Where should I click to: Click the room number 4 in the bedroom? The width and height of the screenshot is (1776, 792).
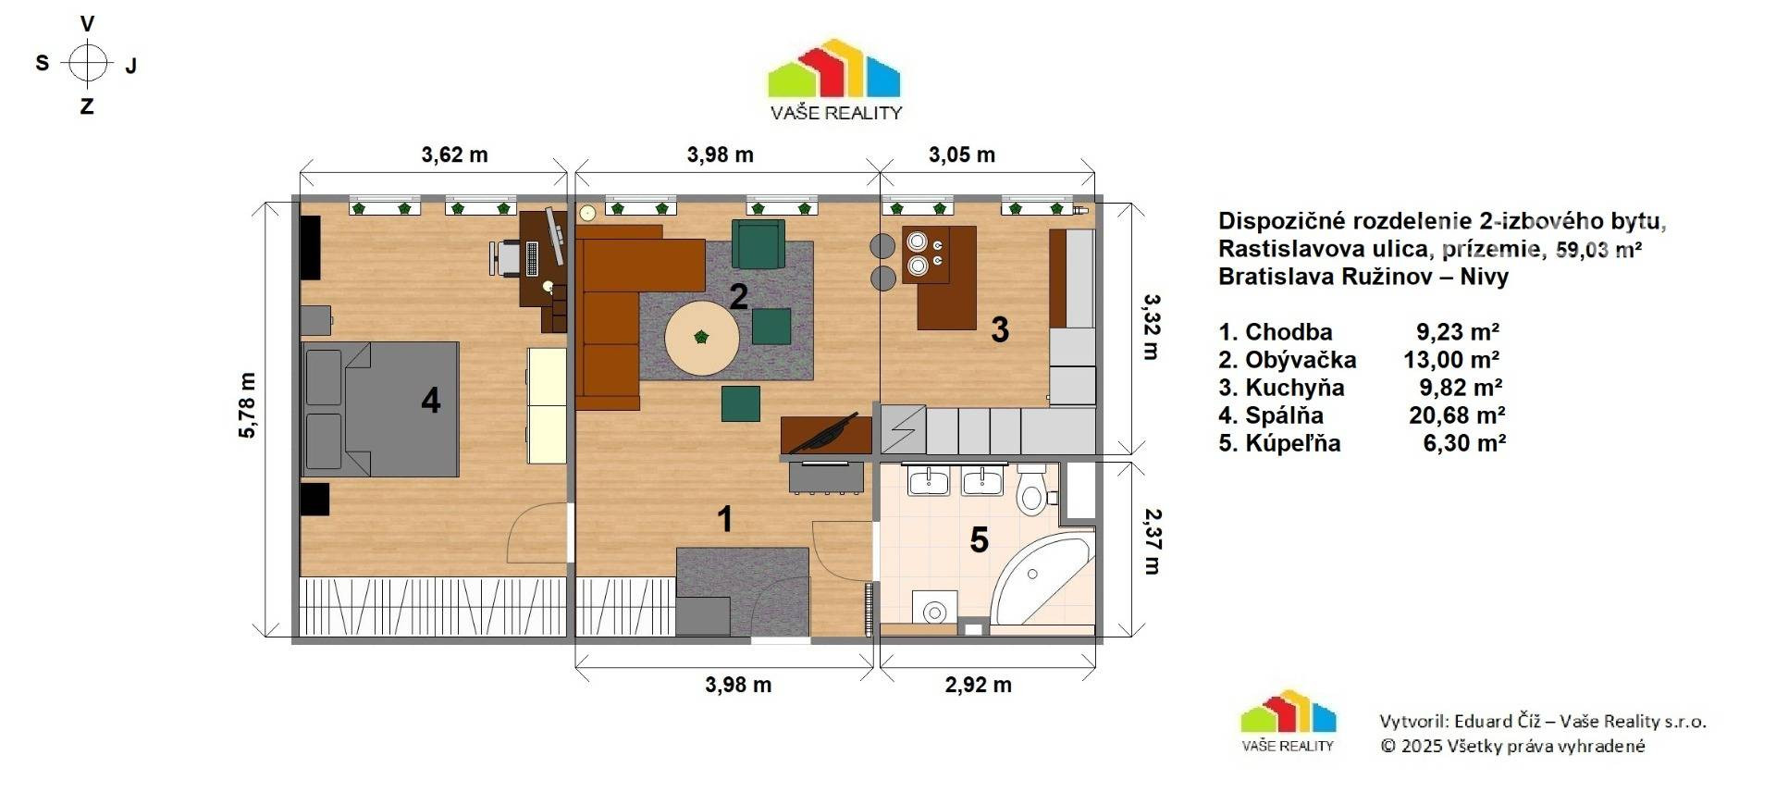pos(430,401)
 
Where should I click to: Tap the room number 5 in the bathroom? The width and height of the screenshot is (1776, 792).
pos(979,539)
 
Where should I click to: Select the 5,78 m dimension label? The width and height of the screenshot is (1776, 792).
pos(247,405)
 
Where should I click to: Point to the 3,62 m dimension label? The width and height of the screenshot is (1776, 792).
pos(454,155)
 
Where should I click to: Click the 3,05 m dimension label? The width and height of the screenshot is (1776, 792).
pos(962,155)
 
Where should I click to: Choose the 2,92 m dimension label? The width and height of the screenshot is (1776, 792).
pos(978,685)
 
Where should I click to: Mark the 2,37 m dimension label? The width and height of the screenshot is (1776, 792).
pos(1153,540)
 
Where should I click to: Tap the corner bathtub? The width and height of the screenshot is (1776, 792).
pos(1043,578)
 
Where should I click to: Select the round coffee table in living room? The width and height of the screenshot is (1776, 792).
pos(702,338)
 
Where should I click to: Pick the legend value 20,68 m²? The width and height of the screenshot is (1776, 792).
pos(1456,415)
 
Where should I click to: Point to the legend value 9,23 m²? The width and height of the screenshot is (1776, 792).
pos(1457,332)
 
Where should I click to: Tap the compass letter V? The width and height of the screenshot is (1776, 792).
pos(88,24)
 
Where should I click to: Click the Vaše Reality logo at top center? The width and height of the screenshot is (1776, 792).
pos(834,80)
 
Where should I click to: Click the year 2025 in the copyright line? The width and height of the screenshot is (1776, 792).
pos(1421,746)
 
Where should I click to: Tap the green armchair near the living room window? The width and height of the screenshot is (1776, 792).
pos(758,243)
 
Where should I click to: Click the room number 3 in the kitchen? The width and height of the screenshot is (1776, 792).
pos(1000,329)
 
